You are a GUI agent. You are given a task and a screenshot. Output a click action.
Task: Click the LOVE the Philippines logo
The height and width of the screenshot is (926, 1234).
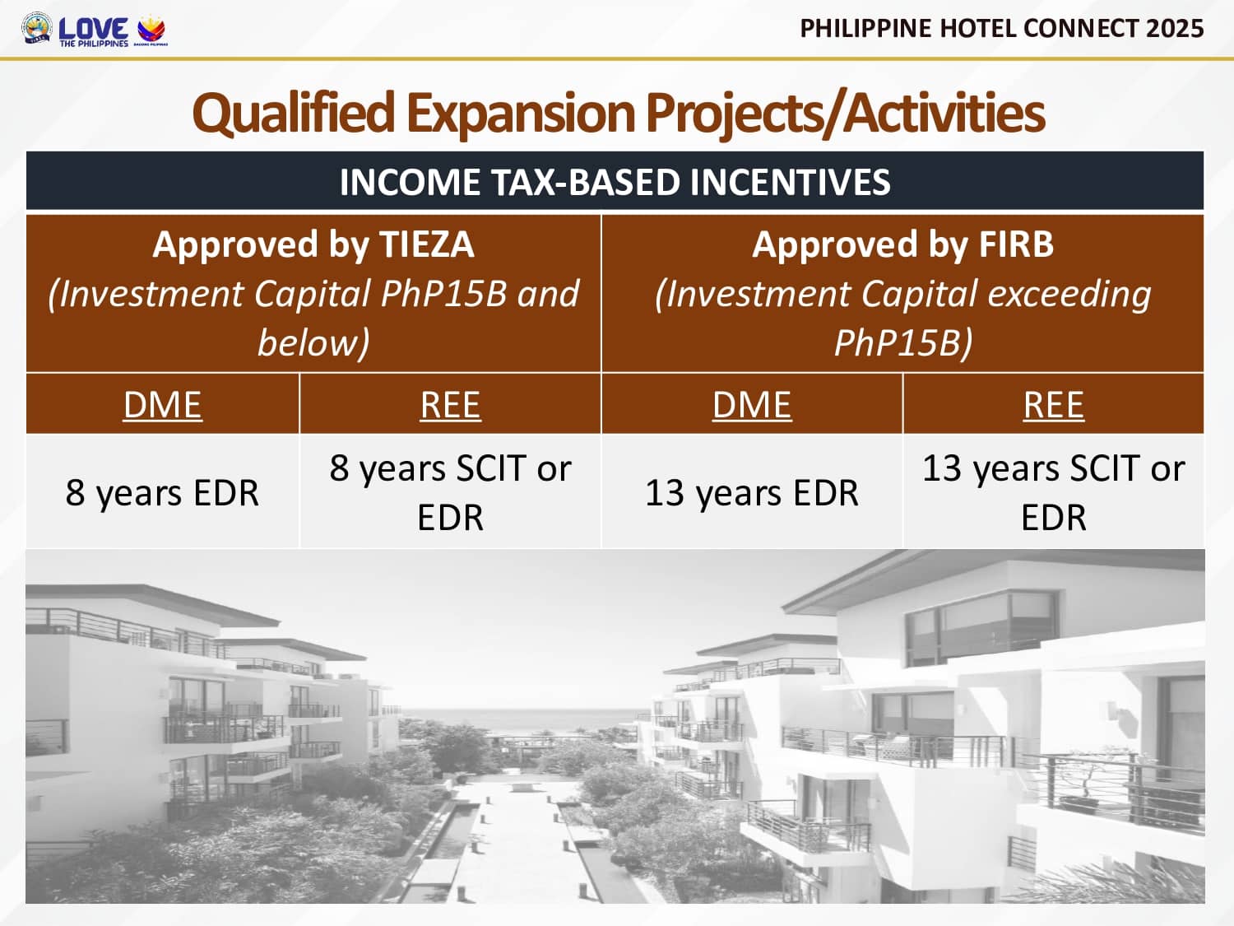pos(93,31)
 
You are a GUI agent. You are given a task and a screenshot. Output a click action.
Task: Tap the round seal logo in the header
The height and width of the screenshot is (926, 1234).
pos(36,28)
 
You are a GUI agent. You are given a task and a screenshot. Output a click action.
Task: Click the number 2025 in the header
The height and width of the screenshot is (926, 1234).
pos(1175,28)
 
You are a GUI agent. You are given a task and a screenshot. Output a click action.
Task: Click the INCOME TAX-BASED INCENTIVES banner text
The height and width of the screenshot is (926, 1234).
pos(615,182)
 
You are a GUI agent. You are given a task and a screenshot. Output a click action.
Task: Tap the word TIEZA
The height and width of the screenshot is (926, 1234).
pos(427,244)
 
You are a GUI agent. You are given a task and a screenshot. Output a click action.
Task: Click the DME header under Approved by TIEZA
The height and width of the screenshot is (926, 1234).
pos(162,405)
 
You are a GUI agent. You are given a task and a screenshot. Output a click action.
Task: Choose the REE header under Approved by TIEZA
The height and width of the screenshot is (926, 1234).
pos(450,405)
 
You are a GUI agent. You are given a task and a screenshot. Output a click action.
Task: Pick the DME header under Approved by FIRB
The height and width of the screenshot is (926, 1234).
pos(752,405)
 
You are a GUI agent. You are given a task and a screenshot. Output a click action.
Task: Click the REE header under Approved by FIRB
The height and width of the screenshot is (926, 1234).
pos(1054,405)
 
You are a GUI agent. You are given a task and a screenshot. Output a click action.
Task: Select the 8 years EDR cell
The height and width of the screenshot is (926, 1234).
pos(162,492)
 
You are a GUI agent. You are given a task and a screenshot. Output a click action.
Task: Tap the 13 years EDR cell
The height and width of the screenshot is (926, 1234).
pos(752,492)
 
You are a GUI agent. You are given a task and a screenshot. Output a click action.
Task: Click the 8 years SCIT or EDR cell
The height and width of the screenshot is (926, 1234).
pos(450,492)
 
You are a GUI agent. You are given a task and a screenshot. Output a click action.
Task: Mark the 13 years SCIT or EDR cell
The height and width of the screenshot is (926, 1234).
pos(1054,492)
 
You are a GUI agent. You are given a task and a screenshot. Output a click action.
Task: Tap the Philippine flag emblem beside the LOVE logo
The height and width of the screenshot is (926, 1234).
pos(151,30)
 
